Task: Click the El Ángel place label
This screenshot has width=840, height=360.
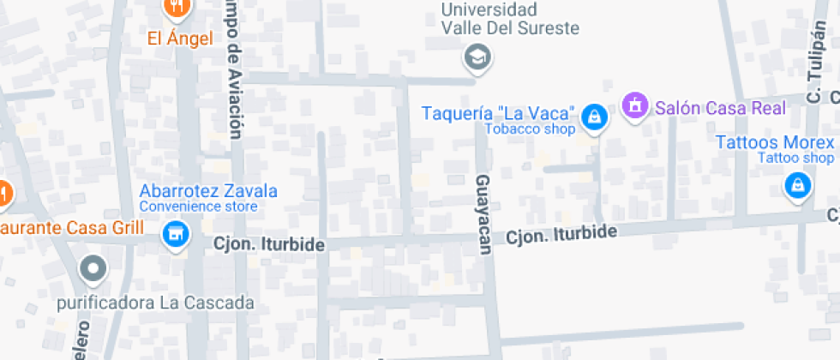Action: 180,39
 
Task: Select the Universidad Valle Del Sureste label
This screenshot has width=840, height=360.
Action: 510,19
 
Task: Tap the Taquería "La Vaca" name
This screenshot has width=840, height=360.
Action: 497,113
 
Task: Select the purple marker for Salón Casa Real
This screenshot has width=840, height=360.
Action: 635,106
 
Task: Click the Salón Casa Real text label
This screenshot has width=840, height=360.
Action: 720,108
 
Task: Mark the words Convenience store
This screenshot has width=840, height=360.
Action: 198,207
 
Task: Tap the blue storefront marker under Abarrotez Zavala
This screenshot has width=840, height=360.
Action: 175,233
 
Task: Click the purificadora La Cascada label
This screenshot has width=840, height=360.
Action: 155,303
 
